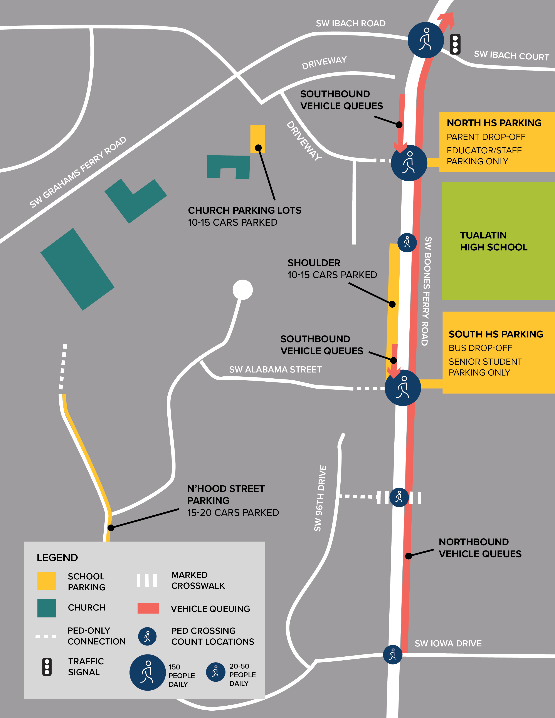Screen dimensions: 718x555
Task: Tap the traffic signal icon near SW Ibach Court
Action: (x=455, y=44)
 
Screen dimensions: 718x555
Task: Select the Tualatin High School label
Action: (x=494, y=241)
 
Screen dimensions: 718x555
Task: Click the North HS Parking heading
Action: (x=494, y=123)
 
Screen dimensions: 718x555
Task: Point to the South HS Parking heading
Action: (x=496, y=334)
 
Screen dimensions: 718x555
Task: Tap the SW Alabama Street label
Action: (x=275, y=370)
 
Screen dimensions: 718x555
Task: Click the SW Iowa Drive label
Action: (x=448, y=643)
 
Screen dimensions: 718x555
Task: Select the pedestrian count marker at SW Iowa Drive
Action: (x=393, y=654)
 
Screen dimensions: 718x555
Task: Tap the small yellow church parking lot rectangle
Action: (x=257, y=139)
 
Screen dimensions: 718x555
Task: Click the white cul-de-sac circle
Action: (x=243, y=290)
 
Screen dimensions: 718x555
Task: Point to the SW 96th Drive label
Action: (x=320, y=498)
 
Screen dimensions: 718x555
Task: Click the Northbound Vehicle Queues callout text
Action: (x=480, y=548)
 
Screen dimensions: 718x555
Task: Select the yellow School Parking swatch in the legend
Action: (x=46, y=581)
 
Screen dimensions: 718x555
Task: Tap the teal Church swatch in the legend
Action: (x=46, y=608)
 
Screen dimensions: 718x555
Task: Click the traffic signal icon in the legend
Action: (x=47, y=667)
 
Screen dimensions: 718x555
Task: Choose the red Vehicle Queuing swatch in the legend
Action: (x=148, y=608)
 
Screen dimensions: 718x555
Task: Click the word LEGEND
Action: (x=57, y=558)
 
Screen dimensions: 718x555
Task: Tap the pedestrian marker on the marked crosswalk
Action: (x=399, y=497)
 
